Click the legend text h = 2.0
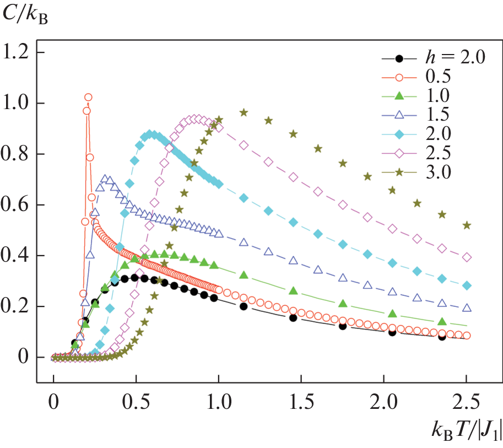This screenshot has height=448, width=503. point(455,57)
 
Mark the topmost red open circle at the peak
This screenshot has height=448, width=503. point(88,98)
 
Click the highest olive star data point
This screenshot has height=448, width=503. point(244,112)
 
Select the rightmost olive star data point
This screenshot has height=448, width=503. point(467,225)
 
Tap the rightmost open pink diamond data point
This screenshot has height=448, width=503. point(467,257)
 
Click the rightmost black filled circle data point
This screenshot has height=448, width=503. point(442,336)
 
